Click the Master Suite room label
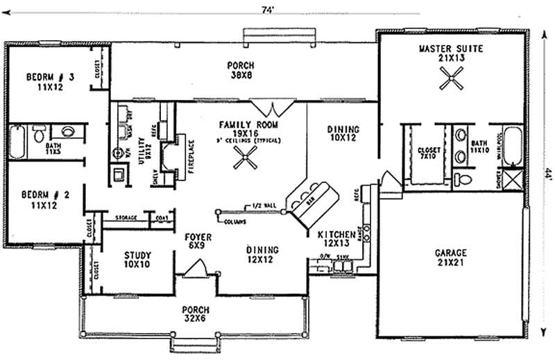(x=450, y=53)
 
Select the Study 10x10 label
(x=137, y=259)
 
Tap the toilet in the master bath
(x=466, y=179)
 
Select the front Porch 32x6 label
(x=196, y=314)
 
